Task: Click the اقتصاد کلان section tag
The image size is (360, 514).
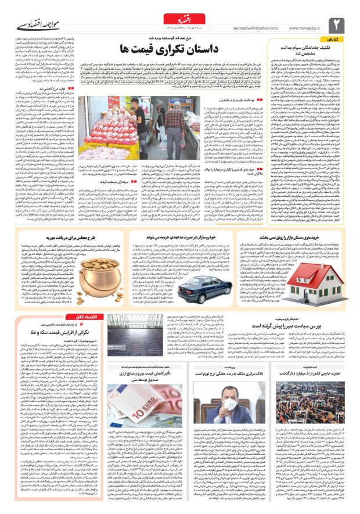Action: pyautogui.click(x=87, y=317)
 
